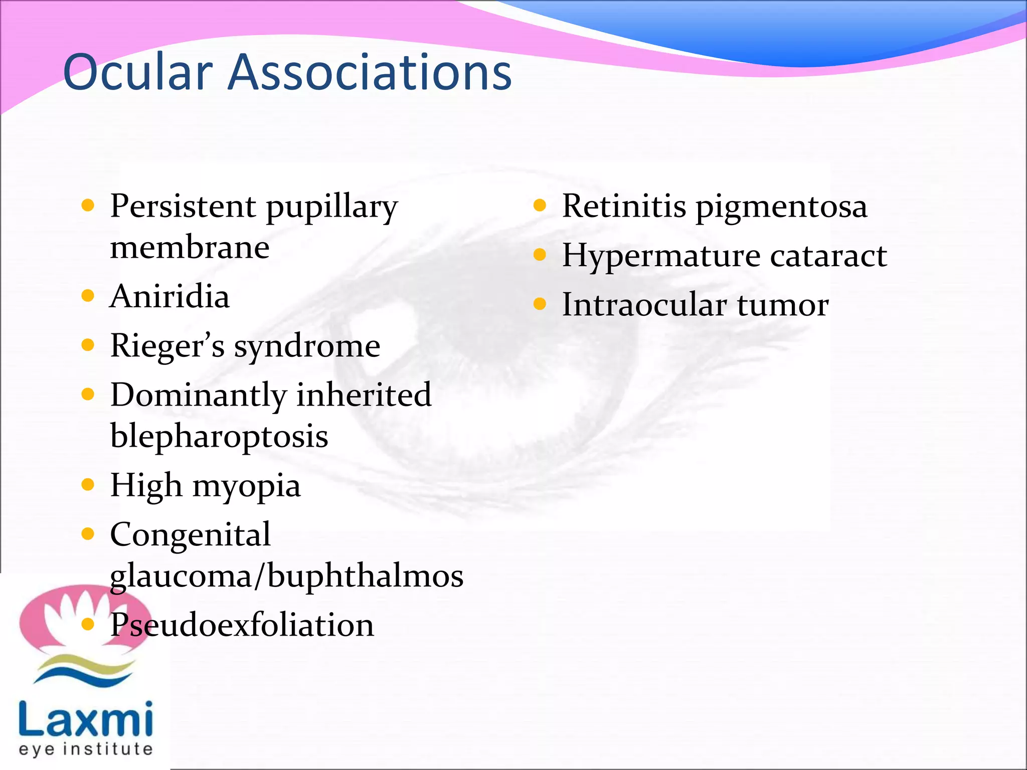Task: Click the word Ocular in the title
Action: [x=138, y=73]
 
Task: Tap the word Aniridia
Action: [x=169, y=296]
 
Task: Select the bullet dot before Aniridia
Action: [x=88, y=296]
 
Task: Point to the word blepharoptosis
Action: [x=219, y=436]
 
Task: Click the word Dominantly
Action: [x=198, y=395]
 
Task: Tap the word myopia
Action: [x=246, y=486]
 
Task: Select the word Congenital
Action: [x=190, y=534]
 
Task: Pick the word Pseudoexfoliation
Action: [x=242, y=625]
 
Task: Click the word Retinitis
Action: [x=624, y=206]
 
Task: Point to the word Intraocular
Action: [x=644, y=305]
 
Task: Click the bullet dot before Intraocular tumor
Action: [x=540, y=304]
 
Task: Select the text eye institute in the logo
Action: [x=86, y=749]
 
